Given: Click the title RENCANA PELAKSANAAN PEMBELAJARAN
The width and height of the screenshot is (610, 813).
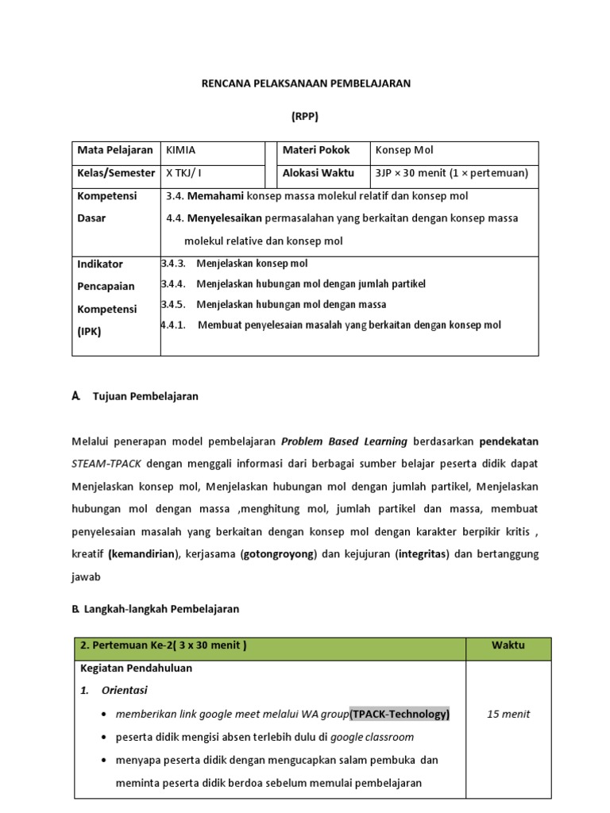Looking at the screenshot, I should [305, 83].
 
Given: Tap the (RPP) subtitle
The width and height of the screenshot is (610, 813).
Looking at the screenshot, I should [305, 116].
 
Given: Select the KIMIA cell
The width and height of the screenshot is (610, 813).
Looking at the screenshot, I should [180, 150].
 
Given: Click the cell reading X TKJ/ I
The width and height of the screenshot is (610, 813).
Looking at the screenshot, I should [183, 172].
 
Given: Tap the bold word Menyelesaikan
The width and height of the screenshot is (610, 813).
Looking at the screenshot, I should [224, 218].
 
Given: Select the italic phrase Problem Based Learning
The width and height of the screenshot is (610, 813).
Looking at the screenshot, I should [344, 441].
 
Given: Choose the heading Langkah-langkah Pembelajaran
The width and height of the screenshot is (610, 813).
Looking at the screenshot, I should [161, 609].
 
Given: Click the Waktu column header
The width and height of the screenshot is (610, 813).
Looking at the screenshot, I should [507, 645].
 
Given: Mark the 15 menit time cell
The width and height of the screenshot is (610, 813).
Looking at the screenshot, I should [508, 714].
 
